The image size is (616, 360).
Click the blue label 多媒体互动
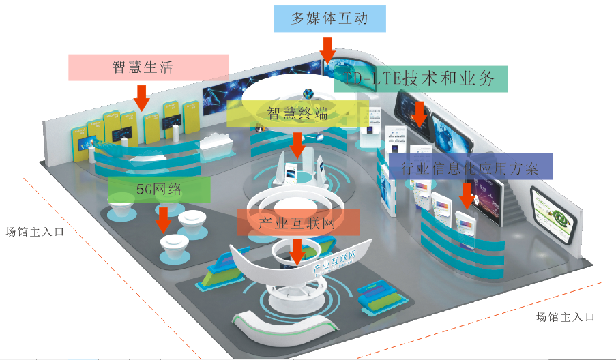coord(329,18)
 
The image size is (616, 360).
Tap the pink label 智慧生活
coord(143,67)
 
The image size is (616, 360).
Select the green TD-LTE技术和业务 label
coord(422,78)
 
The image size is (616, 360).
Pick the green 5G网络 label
coord(159,189)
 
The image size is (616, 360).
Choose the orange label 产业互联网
coord(297,222)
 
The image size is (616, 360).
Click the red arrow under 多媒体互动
coord(328,52)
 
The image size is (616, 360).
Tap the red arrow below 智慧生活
coord(142,97)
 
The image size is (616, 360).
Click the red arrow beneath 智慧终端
coord(297,144)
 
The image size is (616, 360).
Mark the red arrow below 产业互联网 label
coord(297,251)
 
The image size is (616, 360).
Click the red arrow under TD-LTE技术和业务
coord(420,113)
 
